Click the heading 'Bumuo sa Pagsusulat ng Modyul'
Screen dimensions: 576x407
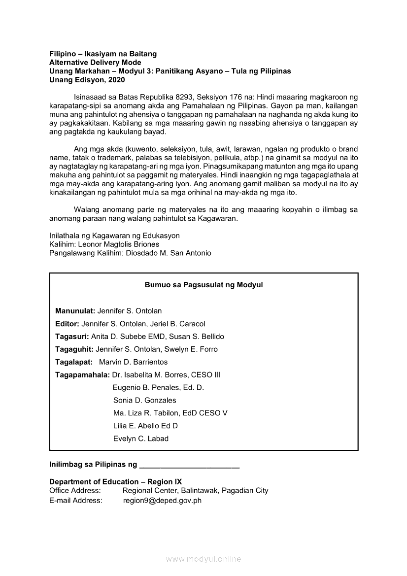(x=203, y=285)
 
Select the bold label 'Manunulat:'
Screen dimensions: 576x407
(x=75, y=311)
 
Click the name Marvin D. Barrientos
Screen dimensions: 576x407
(x=133, y=362)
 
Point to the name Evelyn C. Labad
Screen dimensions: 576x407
(x=141, y=439)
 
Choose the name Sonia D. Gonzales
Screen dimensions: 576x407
(x=144, y=400)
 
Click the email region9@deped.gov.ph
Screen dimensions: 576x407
(x=162, y=501)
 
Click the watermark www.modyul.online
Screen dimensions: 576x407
(x=203, y=559)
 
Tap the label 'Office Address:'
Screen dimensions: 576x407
(x=75, y=491)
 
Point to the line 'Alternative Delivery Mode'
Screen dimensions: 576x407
(x=95, y=63)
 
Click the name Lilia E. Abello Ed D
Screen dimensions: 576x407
(x=145, y=426)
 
